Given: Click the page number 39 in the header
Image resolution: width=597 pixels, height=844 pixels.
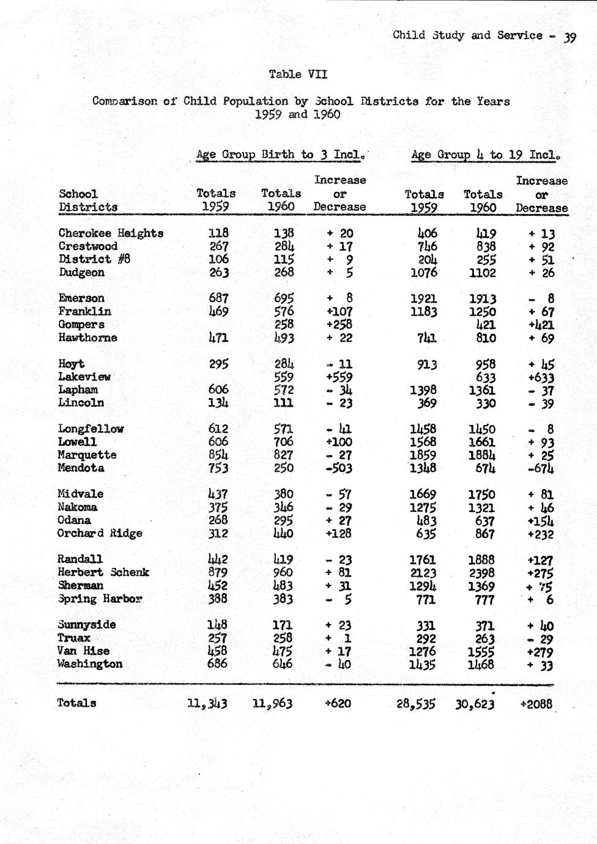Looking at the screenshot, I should coord(569,37).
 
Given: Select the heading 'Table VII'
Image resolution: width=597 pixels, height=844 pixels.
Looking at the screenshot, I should coord(298,74).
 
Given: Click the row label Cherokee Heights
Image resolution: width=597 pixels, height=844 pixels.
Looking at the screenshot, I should coord(111,233).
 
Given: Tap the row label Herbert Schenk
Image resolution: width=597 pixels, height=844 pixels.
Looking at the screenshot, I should coord(103,572).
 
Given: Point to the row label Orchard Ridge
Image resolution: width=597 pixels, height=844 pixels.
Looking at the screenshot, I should coord(100,533).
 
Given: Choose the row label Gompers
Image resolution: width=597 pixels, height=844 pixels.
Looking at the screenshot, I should coord(81,324).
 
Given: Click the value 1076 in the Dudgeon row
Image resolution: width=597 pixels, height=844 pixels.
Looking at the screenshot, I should coord(423,272).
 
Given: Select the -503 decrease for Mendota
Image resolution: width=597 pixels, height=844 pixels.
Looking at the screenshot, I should coord(338,468).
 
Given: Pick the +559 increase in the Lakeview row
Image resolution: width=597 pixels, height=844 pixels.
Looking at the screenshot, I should coord(338,377).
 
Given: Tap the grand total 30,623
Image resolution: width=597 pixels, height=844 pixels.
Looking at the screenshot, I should coord(475,703).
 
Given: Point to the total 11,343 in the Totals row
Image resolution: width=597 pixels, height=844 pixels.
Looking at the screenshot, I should coord(207,703).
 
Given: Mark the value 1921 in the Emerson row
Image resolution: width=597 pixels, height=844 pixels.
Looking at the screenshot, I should coord(423,298).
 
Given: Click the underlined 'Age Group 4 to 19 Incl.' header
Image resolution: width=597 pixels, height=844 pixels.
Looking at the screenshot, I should coord(486,155).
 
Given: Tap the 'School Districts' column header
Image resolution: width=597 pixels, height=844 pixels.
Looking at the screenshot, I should coord(88,201).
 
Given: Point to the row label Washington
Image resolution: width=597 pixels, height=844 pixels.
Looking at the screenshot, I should coord(90,664).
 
